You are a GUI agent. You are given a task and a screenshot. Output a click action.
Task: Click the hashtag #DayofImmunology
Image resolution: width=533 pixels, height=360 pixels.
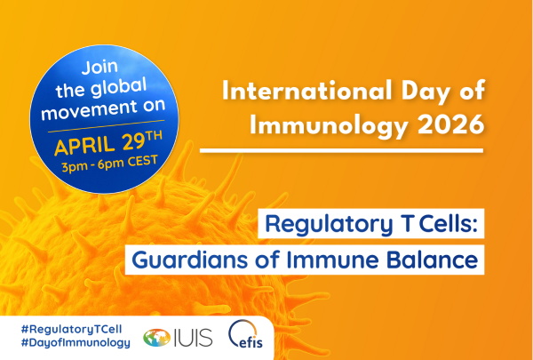coord(67,343)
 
